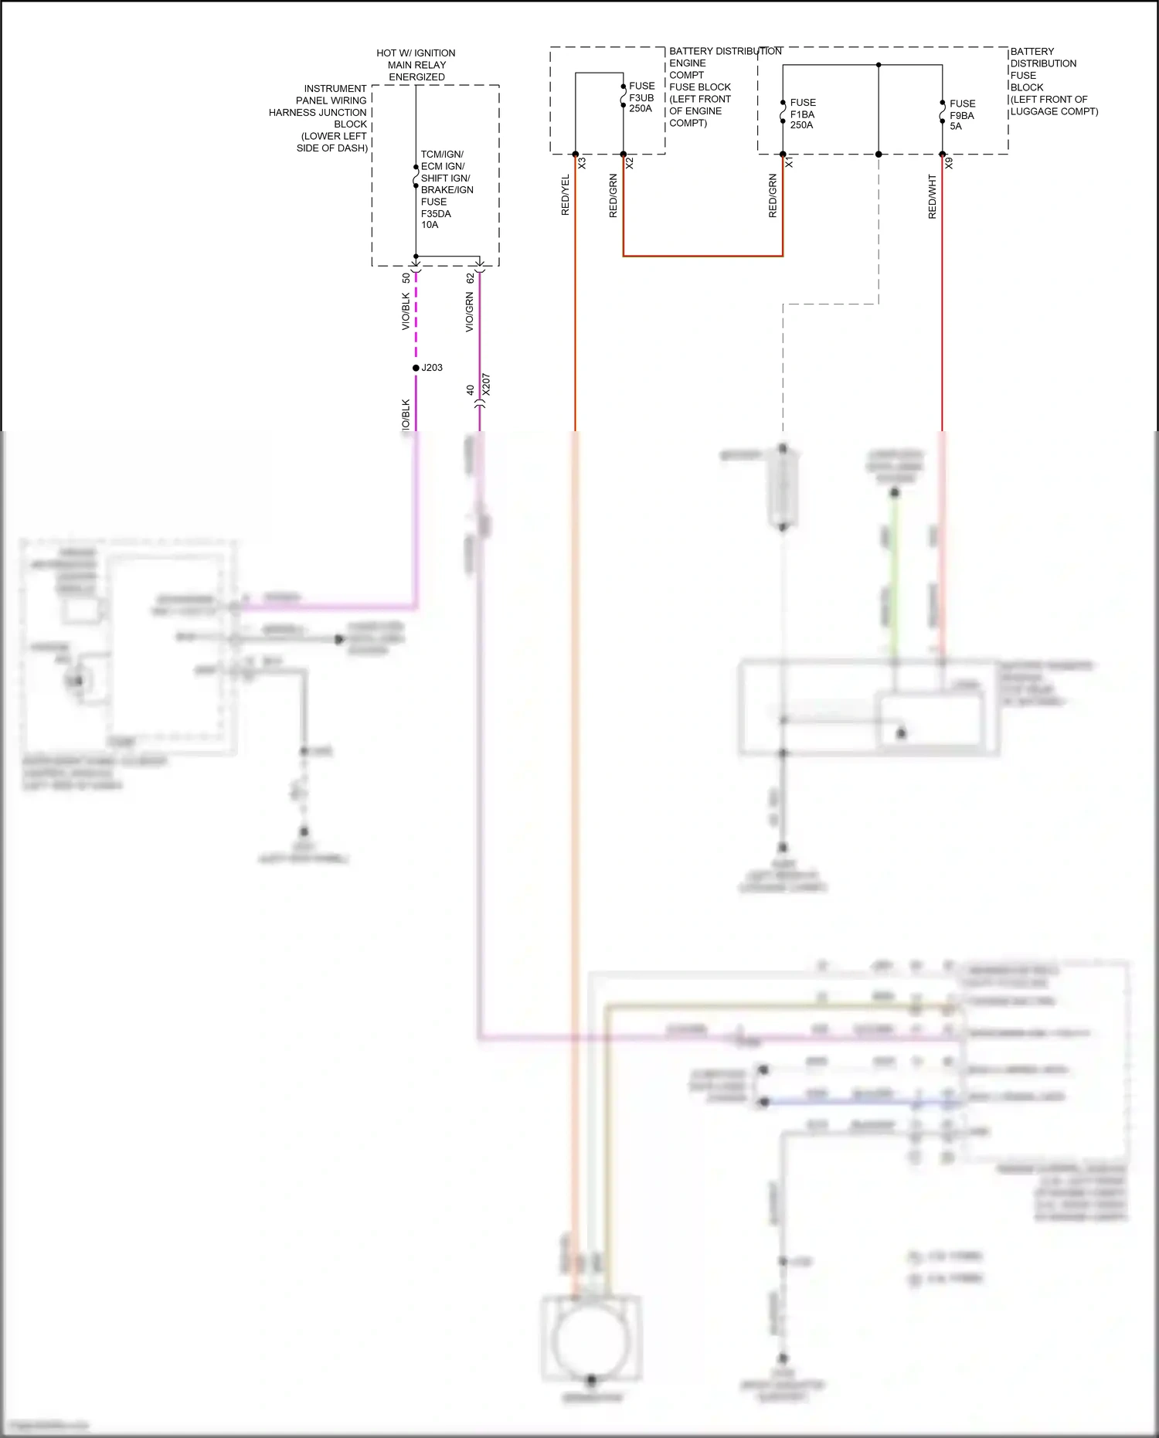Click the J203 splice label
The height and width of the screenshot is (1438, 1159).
click(432, 368)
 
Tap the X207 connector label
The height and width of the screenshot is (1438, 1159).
click(486, 384)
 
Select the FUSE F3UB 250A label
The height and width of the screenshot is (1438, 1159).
click(641, 97)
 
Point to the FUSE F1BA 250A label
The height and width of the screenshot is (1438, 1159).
click(802, 114)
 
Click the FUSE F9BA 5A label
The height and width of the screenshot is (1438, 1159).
click(962, 115)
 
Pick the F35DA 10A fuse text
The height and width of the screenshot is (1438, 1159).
click(436, 219)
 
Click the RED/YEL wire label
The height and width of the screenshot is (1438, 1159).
click(565, 195)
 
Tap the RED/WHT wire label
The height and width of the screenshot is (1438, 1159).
click(932, 196)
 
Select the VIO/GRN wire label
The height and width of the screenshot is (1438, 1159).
click(469, 312)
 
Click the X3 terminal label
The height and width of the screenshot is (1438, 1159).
click(582, 164)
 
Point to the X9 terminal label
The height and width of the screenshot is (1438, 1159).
click(949, 164)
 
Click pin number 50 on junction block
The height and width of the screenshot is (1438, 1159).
click(406, 277)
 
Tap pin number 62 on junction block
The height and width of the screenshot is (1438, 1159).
click(470, 277)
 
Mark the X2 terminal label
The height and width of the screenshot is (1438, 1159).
click(630, 164)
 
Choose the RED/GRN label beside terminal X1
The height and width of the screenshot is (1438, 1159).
click(772, 195)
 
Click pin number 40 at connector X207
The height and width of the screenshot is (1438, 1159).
click(470, 390)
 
